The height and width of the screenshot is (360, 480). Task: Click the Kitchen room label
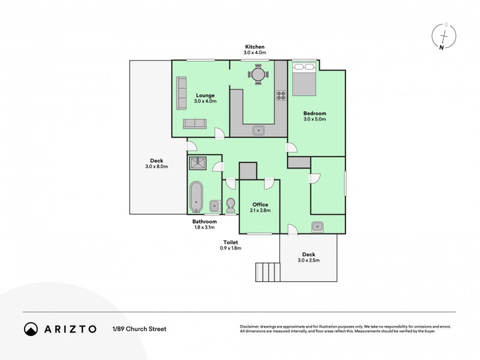point(254,47)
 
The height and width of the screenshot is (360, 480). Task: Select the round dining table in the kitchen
point(259,74)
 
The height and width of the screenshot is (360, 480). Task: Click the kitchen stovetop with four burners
point(280,95)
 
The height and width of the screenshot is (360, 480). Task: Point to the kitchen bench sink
point(259,129)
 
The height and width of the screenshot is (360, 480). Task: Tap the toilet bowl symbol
point(230,205)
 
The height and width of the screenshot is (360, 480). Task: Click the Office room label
point(260,205)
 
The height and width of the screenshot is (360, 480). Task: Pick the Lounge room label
point(205,95)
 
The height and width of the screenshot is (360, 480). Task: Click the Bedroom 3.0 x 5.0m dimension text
point(314,119)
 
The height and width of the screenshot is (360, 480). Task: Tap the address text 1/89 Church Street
point(139,329)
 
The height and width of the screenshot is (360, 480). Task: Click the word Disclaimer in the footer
point(252,326)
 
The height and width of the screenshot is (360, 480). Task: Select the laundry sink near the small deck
point(318,226)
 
